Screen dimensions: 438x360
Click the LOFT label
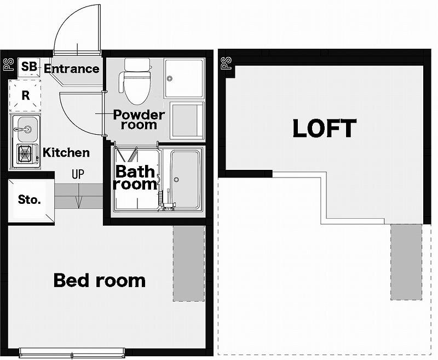coord(325,128)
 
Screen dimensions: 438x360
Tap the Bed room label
coord(100,281)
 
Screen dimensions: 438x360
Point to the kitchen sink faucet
coord(23,129)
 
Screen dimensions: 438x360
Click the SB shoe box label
coord(29,67)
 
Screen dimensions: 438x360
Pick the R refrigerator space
coord(25,95)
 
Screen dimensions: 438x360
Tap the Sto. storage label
coord(30,199)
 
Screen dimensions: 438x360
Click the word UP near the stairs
coord(78,174)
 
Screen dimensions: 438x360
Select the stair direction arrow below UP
coord(78,196)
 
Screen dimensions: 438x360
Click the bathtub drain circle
coord(176,179)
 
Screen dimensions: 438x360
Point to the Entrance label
coord(72,68)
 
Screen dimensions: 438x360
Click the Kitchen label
coord(66,153)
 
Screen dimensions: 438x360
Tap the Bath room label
coord(135,178)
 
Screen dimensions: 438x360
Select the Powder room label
coord(139,119)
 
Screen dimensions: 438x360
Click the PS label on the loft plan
coord(227,63)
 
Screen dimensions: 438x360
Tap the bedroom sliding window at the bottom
coord(72,353)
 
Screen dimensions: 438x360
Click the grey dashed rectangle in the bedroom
coord(189,264)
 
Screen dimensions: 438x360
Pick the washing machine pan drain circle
coord(169,78)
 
